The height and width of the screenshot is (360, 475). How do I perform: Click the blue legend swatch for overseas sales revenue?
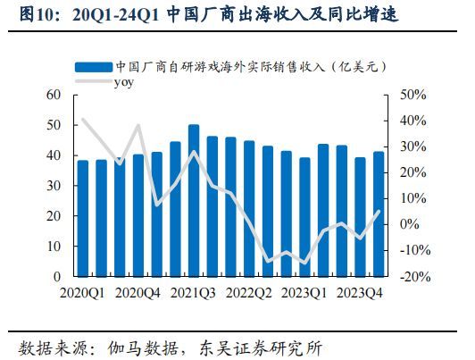pyautogui.click(x=93, y=67)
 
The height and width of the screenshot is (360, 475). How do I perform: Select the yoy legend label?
pyautogui.click(x=123, y=81)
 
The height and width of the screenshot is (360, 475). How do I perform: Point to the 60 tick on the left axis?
pyautogui.click(x=53, y=95)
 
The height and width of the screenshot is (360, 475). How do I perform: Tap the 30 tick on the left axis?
pyautogui.click(x=53, y=186)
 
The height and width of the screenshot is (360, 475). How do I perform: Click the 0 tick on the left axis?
pyautogui.click(x=56, y=277)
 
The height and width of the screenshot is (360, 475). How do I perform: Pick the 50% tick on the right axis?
pyautogui.click(x=415, y=95)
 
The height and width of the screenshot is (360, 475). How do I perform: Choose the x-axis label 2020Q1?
pyautogui.click(x=83, y=291)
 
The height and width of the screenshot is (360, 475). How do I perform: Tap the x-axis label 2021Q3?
pyautogui.click(x=194, y=291)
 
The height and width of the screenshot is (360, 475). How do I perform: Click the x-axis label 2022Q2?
pyautogui.click(x=249, y=291)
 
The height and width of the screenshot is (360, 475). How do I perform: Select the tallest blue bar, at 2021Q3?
pyautogui.click(x=194, y=201)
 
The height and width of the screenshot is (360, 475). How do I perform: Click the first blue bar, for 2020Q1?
pyautogui.click(x=83, y=219)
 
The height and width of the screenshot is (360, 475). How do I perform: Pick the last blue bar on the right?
pyautogui.click(x=378, y=214)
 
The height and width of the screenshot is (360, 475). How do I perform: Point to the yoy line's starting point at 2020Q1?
pyautogui.click(x=83, y=119)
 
